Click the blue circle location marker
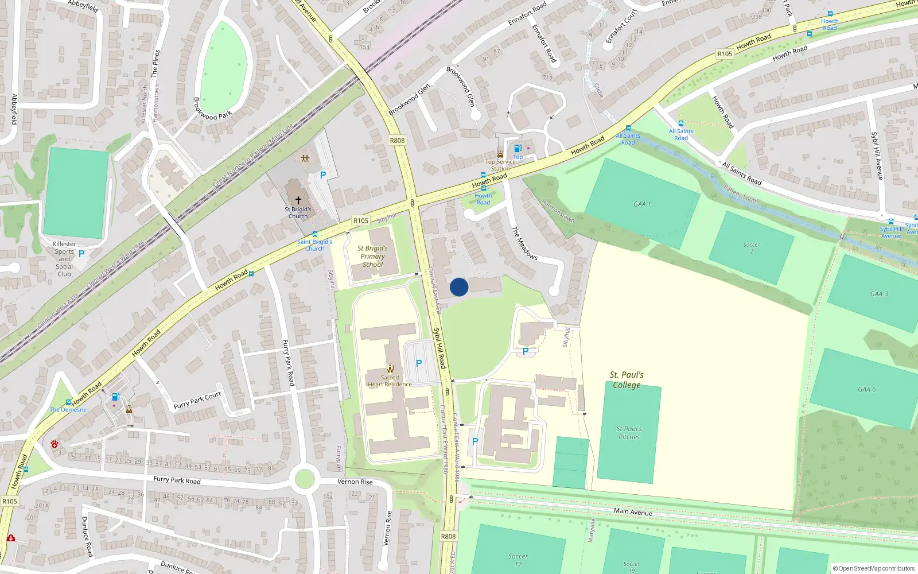click(x=459, y=287)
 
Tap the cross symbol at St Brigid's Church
click(x=298, y=200)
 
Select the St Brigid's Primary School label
click(x=372, y=256)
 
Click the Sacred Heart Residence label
click(x=390, y=381)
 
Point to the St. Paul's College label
click(x=627, y=380)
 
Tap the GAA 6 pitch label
click(x=866, y=389)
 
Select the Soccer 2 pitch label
click(x=751, y=248)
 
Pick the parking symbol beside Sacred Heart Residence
click(x=419, y=363)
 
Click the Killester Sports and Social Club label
click(x=64, y=259)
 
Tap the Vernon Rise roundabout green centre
click(x=304, y=478)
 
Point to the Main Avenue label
click(x=633, y=511)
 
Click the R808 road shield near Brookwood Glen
click(x=397, y=140)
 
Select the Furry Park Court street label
click(x=197, y=401)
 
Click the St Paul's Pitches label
click(x=629, y=433)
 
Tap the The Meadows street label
click(x=524, y=243)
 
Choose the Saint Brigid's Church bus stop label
click(x=314, y=245)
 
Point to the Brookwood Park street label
click(x=212, y=108)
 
